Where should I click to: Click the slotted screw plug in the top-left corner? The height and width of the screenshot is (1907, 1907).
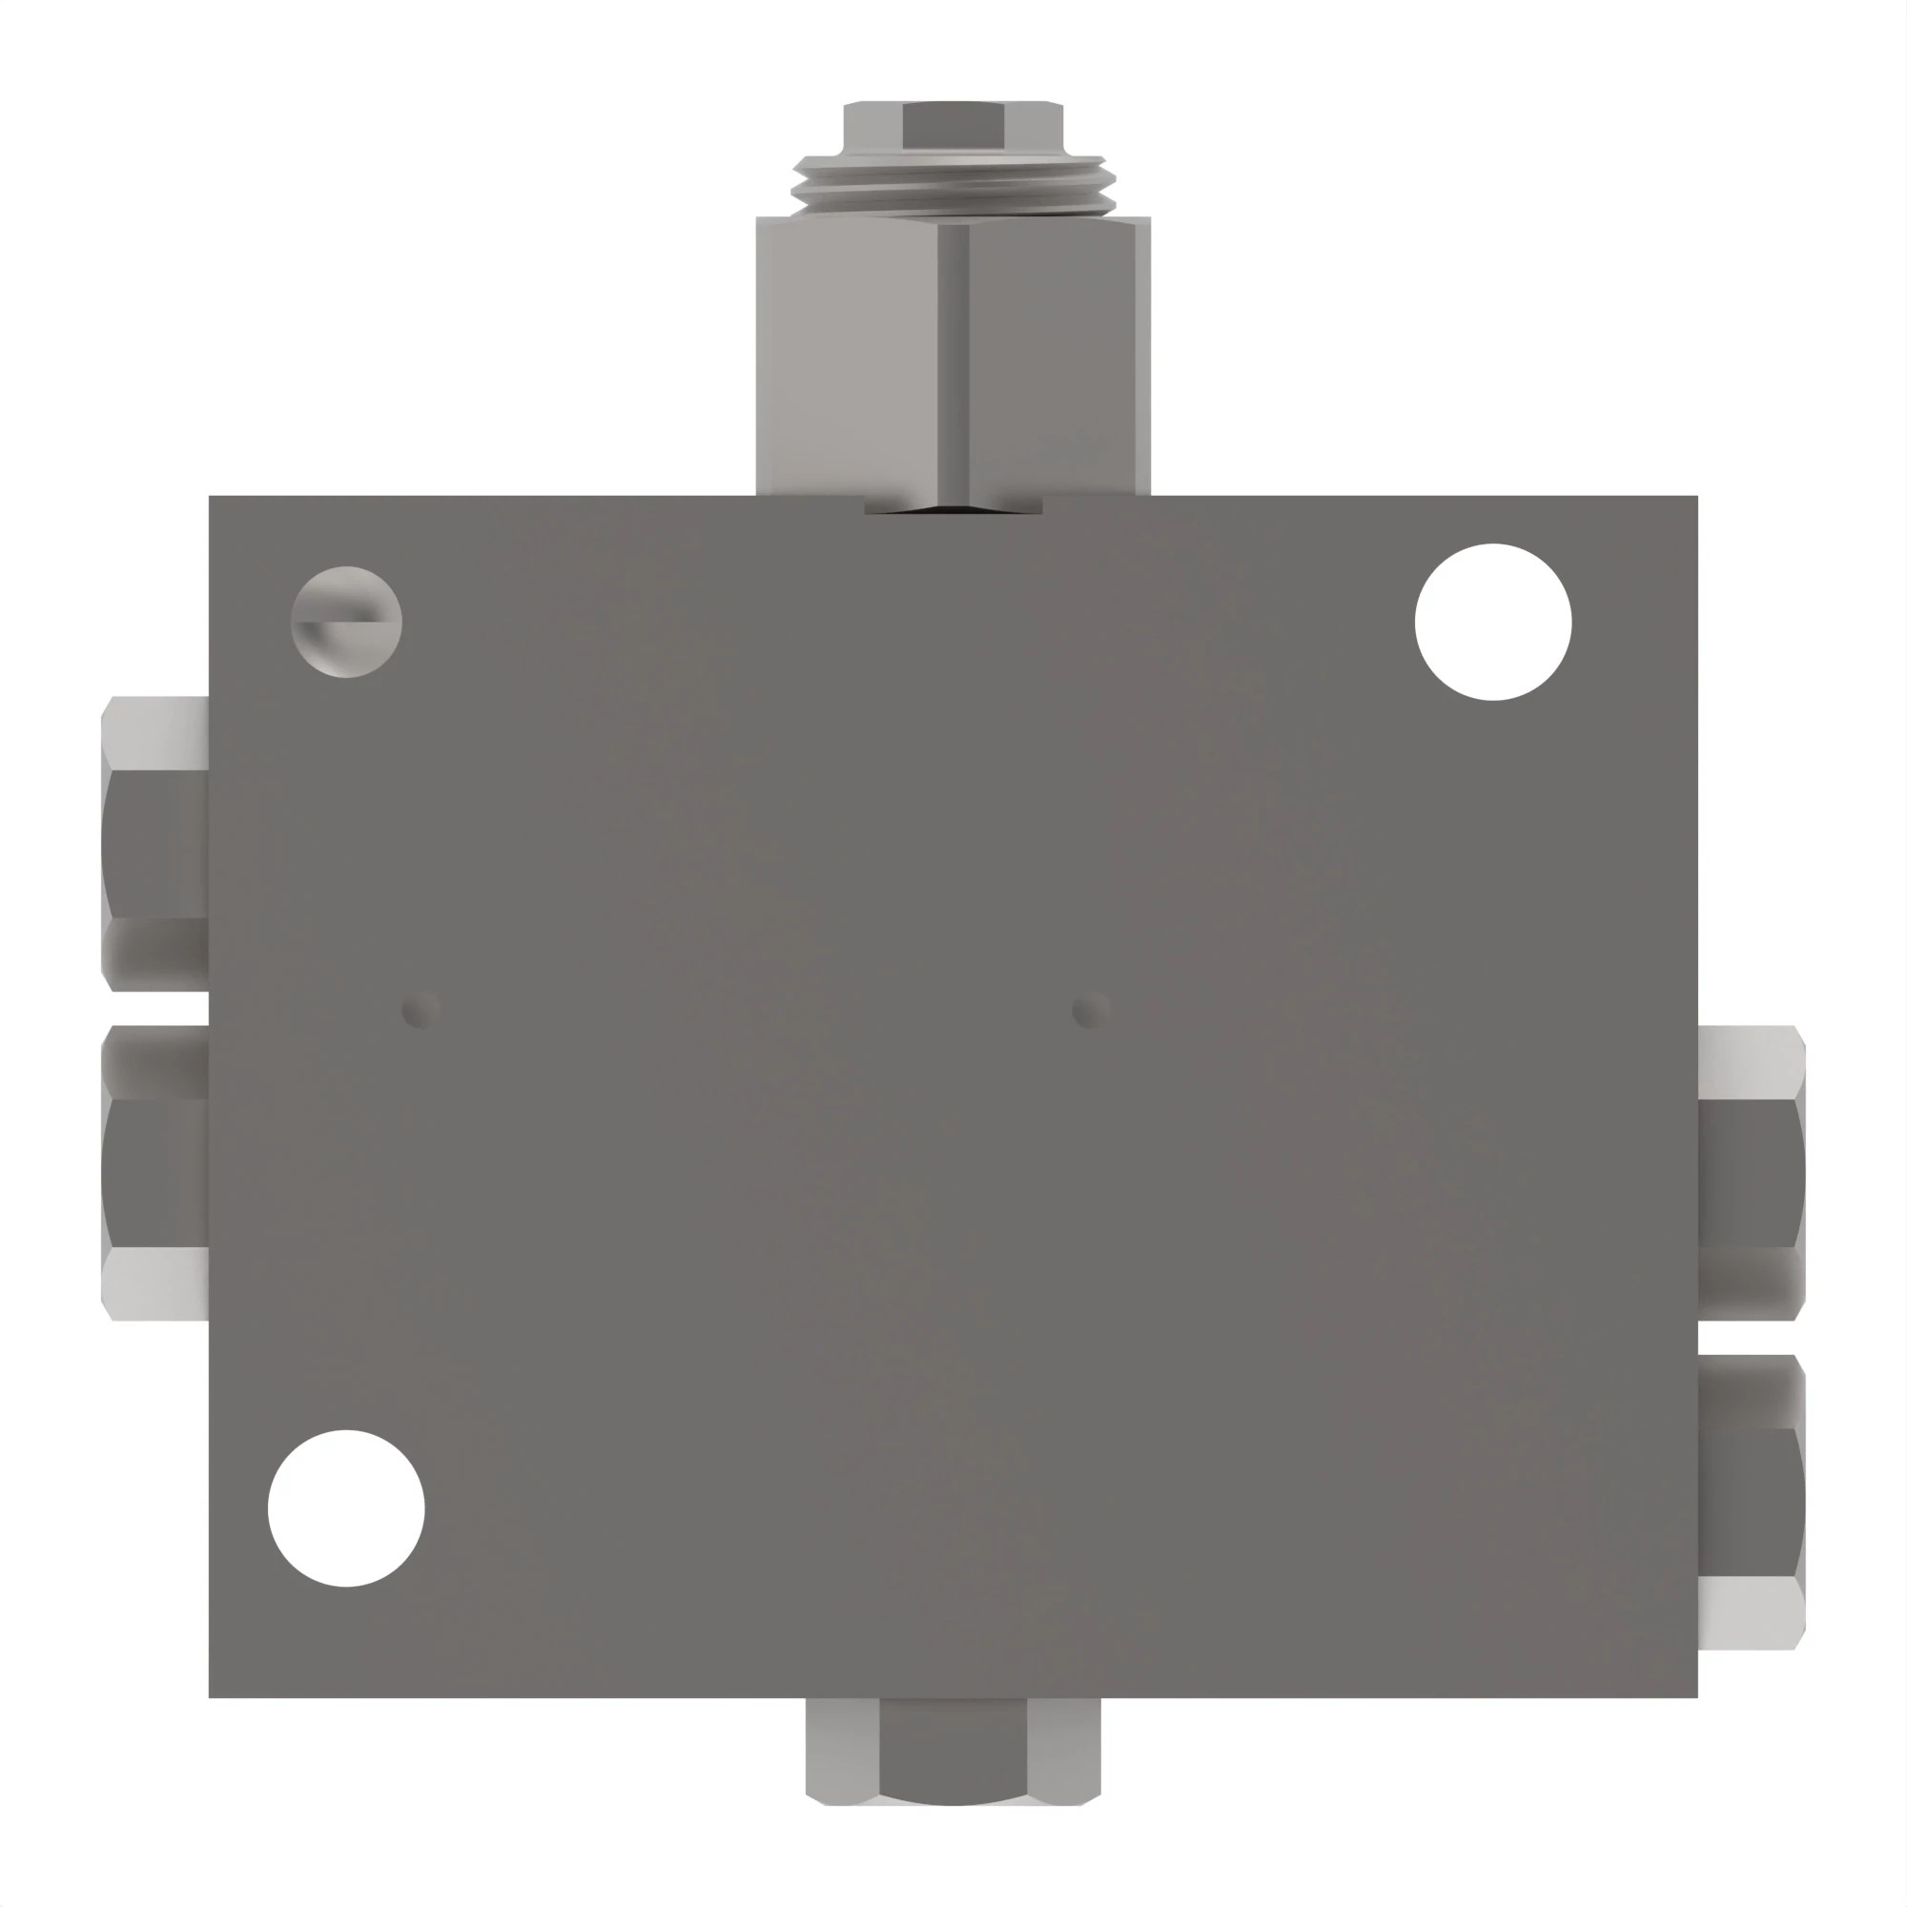[x=346, y=622]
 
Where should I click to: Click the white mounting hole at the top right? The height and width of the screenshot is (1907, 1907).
[x=1492, y=622]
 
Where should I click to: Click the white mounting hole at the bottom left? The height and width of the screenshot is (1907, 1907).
[x=346, y=1508]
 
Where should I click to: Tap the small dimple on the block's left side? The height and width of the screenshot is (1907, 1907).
[x=420, y=1011]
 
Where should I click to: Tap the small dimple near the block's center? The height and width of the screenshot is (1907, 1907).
[x=1090, y=1011]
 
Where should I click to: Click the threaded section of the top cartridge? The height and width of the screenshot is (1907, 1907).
[x=953, y=185]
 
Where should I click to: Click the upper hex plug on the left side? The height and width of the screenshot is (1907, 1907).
[x=156, y=844]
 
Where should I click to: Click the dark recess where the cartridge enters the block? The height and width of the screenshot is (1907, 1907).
[x=953, y=504]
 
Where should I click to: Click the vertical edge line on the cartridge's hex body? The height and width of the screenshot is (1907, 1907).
[x=953, y=356]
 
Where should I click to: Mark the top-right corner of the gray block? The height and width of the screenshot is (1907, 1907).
[x=1695, y=498]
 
